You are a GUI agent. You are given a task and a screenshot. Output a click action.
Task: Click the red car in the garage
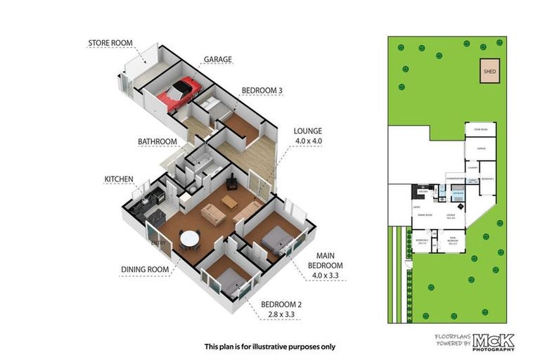[179, 94]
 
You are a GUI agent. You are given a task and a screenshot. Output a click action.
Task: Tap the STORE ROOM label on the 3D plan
[110, 43]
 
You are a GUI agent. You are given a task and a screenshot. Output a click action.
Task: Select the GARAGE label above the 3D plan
[218, 60]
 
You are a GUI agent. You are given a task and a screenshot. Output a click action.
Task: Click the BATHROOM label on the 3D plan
[157, 141]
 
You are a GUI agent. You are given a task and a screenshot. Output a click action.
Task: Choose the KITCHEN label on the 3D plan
[119, 179]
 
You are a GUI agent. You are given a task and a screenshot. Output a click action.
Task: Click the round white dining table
[190, 239]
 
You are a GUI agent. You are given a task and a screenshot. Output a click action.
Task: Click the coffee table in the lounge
[229, 202]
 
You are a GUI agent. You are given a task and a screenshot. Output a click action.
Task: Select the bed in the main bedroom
[274, 241]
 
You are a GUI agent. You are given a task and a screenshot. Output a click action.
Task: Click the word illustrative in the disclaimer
[270, 347]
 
